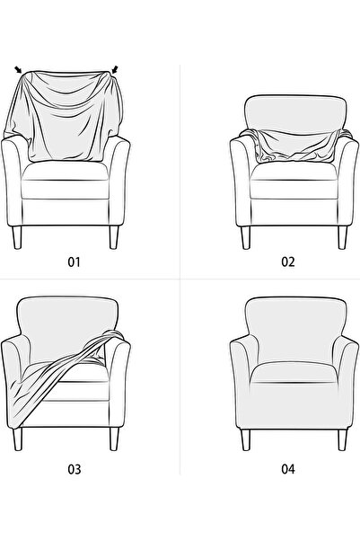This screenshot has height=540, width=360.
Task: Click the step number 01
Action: click(74, 262)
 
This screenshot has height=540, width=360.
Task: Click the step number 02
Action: click(288, 262)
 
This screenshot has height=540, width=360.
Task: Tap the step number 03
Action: click(74, 469)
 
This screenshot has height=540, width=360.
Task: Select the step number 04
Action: click(288, 469)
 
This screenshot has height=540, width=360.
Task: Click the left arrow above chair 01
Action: click(18, 69)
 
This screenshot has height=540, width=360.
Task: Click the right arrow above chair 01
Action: click(115, 69)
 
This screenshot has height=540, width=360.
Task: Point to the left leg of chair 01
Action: click(17, 237)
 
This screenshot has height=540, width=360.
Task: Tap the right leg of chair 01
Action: click(114, 237)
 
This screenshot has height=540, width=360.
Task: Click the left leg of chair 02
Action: click(246, 237)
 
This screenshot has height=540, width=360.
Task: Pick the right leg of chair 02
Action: click(342, 237)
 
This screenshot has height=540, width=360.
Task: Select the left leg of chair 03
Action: click(17, 439)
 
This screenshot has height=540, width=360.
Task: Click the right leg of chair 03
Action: click(114, 439)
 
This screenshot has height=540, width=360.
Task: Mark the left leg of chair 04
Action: click(246, 439)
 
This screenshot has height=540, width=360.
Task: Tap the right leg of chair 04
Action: click(342, 439)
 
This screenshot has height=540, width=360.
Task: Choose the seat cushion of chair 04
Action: click(294, 373)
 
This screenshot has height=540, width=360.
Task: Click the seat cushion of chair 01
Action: click(66, 171)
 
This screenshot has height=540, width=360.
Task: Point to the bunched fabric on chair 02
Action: click(296, 146)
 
